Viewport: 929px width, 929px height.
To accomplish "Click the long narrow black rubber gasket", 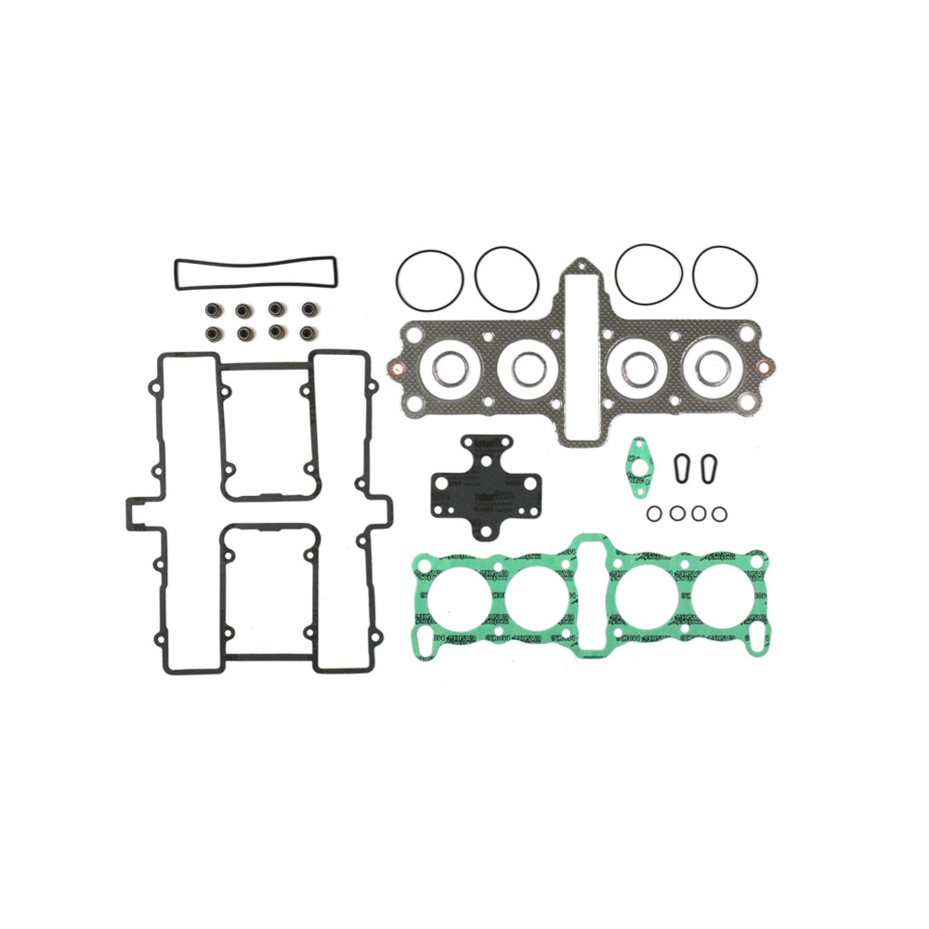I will click(x=255, y=263).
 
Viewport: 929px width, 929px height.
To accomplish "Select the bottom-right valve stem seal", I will click(x=307, y=332).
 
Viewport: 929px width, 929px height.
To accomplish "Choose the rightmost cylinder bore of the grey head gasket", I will click(x=713, y=369).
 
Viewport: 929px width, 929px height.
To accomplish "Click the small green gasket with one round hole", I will click(x=638, y=463).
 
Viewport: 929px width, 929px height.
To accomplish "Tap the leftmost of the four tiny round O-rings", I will click(x=655, y=514).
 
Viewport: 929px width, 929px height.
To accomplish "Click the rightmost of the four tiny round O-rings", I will click(x=719, y=514).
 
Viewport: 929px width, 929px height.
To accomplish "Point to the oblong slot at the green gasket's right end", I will click(x=757, y=638).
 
